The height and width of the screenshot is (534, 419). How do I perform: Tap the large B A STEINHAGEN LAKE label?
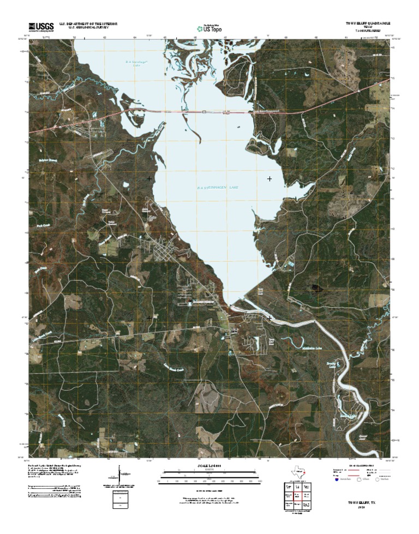pyautogui.click(x=218, y=188)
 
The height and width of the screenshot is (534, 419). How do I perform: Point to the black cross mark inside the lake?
pyautogui.click(x=269, y=179)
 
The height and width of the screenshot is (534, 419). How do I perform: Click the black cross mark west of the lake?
pyautogui.click(x=149, y=179)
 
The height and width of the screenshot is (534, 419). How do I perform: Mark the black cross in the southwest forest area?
pyautogui.click(x=149, y=317)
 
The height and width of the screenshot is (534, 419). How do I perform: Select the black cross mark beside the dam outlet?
pyautogui.click(x=269, y=317)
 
